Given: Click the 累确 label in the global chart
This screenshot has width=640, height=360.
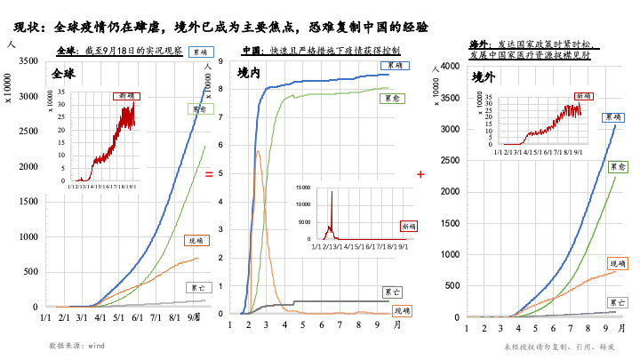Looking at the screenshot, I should tap(200, 52).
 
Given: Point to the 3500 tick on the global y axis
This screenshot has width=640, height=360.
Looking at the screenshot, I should tap(28, 60).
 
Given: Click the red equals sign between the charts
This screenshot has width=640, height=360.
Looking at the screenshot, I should tap(209, 175).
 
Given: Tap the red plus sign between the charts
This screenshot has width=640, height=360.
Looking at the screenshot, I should tap(420, 175).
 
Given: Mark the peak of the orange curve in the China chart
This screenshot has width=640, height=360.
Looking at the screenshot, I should tap(257, 151).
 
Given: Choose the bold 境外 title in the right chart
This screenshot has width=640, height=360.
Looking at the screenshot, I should tap(484, 75).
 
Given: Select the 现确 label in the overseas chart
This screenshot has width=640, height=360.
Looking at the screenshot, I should tap(617, 263).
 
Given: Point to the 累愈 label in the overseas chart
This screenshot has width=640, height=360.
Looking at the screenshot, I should tap(619, 166).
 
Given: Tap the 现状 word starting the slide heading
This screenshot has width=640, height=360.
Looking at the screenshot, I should tap(28, 28).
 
